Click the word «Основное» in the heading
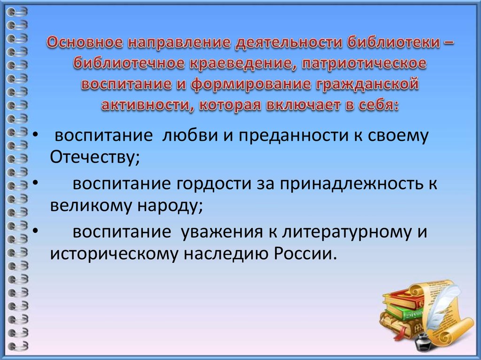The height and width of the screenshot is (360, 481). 85,42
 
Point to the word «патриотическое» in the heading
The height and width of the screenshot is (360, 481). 364,64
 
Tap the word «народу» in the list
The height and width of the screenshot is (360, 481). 170,206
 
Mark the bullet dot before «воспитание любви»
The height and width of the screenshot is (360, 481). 36,135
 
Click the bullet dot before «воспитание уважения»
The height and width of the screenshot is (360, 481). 36,231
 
